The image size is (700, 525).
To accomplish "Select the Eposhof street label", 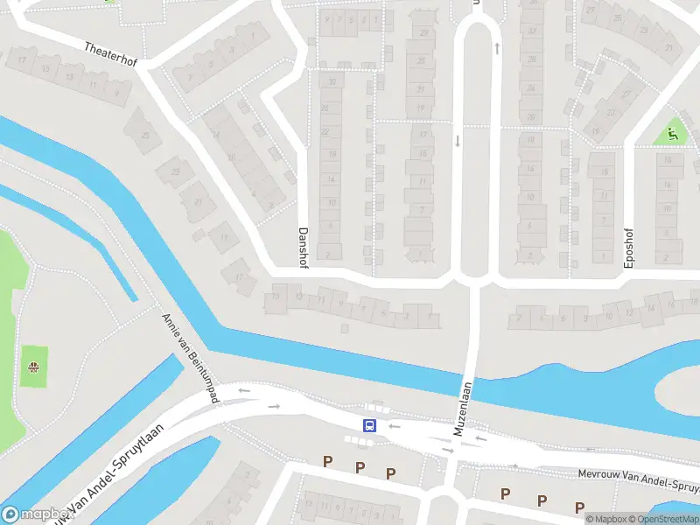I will point(628,249).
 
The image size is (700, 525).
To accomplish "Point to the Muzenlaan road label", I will point(463,409).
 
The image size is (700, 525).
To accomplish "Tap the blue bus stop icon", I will point(369,426).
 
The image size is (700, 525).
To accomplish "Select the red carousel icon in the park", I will point(34,367).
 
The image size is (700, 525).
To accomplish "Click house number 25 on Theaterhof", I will point(145,136).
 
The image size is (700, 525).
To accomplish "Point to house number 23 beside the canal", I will point(174,171).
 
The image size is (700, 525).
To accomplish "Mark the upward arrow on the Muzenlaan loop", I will point(497,48).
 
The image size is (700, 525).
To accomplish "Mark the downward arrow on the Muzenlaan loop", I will point(457,140).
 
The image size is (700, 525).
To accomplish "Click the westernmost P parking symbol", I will point(328,461).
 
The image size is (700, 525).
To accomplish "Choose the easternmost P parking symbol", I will point(579,507).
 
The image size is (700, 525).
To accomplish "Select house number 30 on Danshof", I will point(331,82).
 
